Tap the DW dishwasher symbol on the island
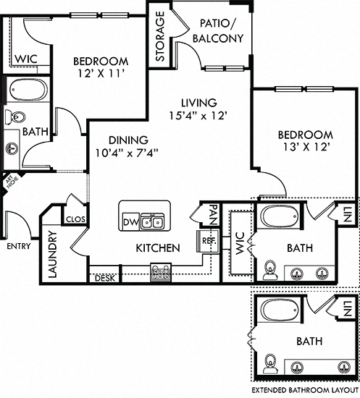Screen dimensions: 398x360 pos(130,221)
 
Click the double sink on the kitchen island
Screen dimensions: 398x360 pos(151,221)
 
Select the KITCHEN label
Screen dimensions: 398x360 pos(157,248)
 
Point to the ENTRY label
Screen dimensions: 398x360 pos(18,246)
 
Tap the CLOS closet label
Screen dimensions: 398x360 pos(75,219)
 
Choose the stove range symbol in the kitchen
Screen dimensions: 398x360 pos(160,273)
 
